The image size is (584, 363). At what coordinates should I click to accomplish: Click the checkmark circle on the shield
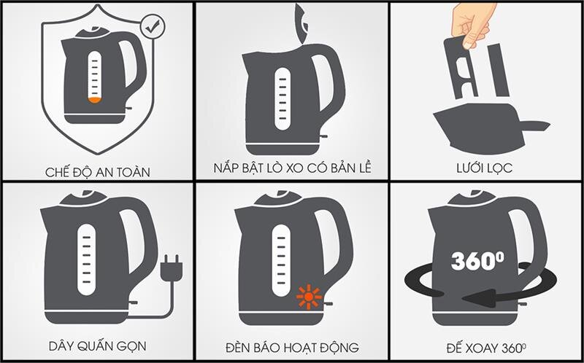point(153,27)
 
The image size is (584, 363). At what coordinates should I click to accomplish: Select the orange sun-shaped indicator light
point(308,297)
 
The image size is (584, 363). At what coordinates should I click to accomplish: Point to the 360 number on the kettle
point(472,261)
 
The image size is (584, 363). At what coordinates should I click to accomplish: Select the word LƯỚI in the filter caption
point(464,168)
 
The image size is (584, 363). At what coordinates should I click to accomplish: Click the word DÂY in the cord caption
point(59,347)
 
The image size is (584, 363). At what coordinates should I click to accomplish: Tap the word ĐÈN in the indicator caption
point(239,347)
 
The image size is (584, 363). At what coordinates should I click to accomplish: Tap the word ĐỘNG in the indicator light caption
point(339,347)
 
